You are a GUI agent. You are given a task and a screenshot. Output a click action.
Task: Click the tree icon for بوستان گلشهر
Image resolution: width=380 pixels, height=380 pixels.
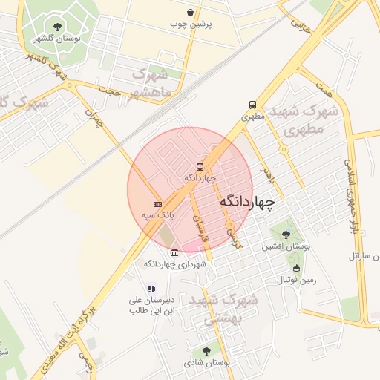pos(57,27)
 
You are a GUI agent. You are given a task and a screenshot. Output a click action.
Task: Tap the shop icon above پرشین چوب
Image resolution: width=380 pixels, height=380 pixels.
pos(191,13)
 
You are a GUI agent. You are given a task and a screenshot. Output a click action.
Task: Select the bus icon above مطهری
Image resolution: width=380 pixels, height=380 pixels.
pos(253,105)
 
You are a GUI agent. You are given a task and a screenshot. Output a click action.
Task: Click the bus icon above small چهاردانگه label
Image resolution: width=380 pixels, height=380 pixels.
pos(200,167)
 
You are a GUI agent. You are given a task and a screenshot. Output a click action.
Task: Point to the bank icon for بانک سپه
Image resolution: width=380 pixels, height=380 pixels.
pos(157,203)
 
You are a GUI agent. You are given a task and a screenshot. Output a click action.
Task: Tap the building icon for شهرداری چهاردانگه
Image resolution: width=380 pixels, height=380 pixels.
pos(174,253)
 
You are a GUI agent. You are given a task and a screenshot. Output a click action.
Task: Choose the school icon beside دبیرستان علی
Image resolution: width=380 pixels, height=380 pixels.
pos(151,289)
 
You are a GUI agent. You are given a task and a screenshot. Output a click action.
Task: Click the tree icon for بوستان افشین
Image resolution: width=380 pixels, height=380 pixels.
pos(286,235)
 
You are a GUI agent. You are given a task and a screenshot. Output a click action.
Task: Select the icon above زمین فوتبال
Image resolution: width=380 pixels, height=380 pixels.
pos(297,269)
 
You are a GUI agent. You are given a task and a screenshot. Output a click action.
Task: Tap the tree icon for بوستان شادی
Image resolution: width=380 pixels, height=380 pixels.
pos(206,351)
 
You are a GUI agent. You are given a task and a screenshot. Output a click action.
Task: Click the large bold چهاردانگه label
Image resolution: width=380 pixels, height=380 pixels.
pos(247,201)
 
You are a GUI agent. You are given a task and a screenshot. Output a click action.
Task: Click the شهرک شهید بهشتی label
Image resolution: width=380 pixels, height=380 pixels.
pos(223,309)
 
